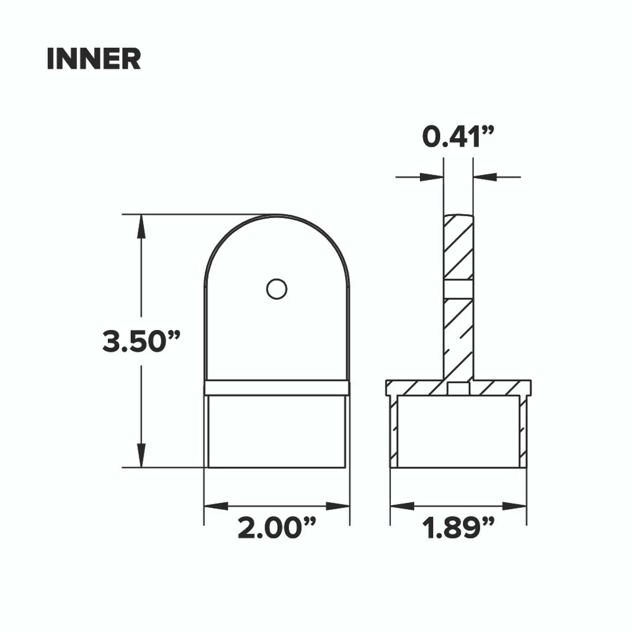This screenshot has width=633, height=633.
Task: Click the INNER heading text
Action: coord(94,59)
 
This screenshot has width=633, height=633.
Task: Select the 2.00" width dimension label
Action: coord(276,528)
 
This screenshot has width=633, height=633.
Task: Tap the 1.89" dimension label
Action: coord(458,528)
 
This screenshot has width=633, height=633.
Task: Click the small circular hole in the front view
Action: coord(276,289)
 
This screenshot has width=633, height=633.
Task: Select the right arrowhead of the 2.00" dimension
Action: coord(338,506)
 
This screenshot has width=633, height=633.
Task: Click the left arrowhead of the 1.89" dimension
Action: coord(402,506)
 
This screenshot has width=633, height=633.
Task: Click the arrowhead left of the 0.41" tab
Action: coord(431,176)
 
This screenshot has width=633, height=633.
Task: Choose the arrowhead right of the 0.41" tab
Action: coord(485,176)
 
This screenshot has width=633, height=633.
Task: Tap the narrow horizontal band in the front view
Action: coord(277,388)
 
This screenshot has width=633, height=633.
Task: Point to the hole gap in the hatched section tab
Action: coord(458,289)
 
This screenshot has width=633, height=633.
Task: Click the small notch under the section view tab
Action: coord(458,389)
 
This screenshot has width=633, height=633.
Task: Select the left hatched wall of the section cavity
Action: coord(394,430)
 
